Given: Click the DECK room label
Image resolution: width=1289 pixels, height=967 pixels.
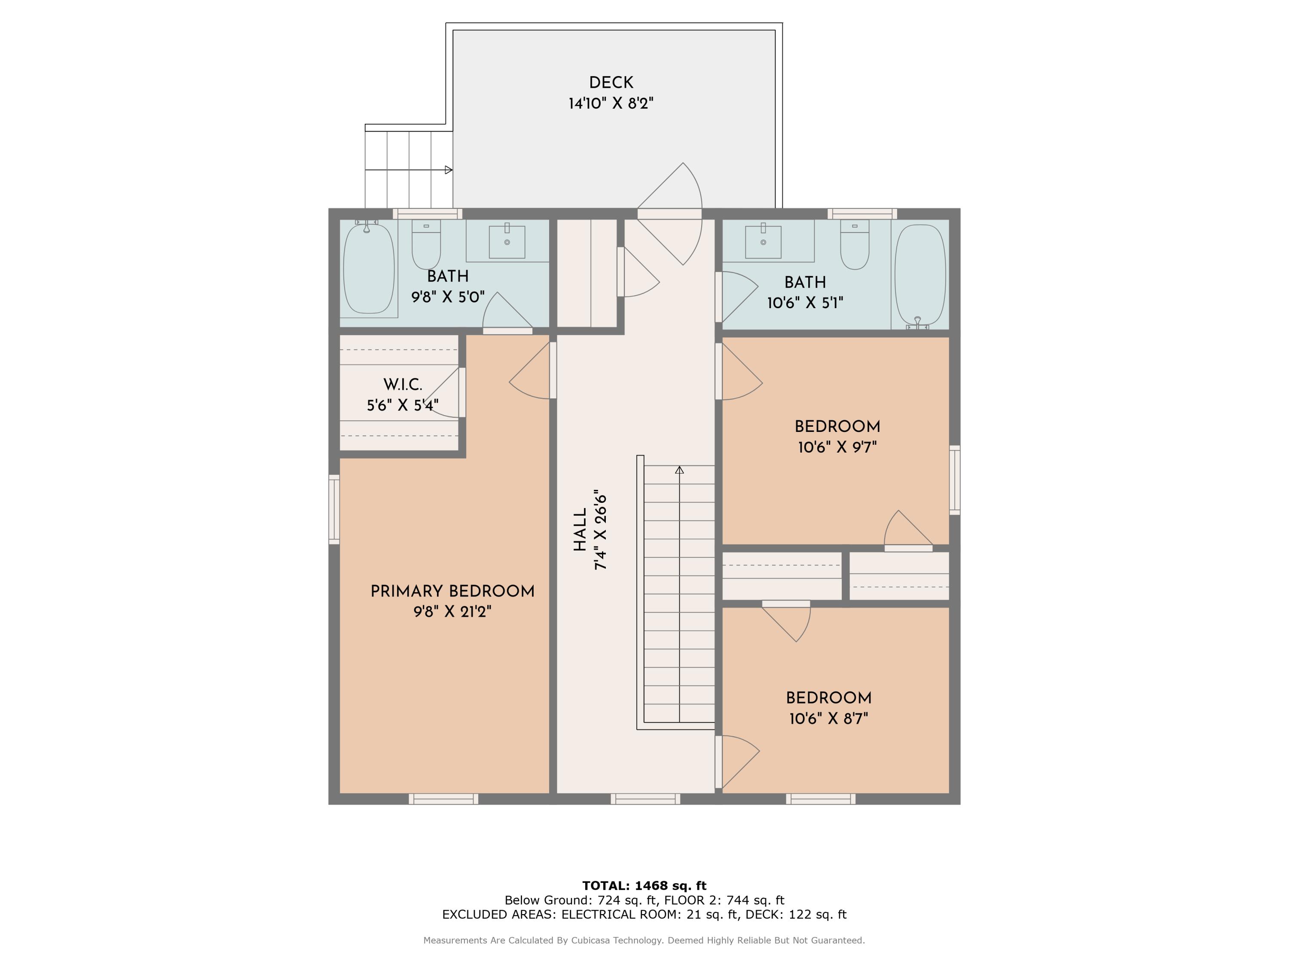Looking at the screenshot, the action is pyautogui.click(x=611, y=83).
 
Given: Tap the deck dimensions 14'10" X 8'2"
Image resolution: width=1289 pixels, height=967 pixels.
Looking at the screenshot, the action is pyautogui.click(x=611, y=104).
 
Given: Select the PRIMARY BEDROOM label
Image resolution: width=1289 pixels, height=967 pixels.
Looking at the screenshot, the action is pyautogui.click(x=452, y=592).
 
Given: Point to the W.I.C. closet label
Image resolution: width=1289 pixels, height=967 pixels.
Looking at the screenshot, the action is pyautogui.click(x=403, y=385).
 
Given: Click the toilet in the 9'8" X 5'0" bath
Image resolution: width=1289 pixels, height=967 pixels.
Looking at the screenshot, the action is pyautogui.click(x=426, y=244).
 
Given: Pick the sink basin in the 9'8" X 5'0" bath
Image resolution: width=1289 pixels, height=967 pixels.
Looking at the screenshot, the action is pyautogui.click(x=507, y=242).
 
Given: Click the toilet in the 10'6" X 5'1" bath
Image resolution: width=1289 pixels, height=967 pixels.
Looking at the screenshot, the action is pyautogui.click(x=854, y=244).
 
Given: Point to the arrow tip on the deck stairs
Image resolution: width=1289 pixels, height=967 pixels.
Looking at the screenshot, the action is pyautogui.click(x=452, y=170).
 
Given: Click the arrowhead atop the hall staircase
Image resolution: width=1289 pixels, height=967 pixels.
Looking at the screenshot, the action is pyautogui.click(x=679, y=470).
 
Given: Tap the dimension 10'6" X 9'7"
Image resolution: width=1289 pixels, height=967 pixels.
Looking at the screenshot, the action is pyautogui.click(x=837, y=448).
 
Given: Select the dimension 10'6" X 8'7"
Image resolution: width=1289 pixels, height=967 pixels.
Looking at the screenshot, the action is pyautogui.click(x=829, y=719).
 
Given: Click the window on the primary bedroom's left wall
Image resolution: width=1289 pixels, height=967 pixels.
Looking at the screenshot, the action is pyautogui.click(x=334, y=509).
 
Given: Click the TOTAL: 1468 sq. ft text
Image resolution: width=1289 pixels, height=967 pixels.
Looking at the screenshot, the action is pyautogui.click(x=644, y=886).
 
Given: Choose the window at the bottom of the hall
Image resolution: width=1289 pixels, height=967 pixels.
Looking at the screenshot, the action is pyautogui.click(x=645, y=799).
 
